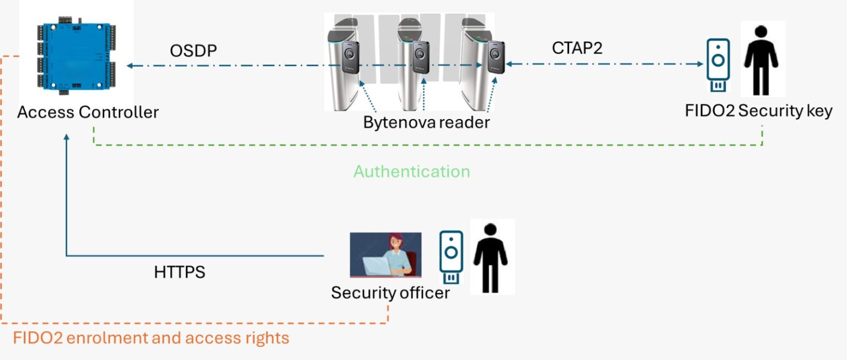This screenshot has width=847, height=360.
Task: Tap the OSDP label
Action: tap(193, 51)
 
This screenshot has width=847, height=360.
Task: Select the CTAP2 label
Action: tap(577, 48)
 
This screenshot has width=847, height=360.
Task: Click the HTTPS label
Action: tap(179, 272)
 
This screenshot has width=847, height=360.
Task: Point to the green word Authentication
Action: tap(411, 171)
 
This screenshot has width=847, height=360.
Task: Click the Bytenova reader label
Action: tap(426, 122)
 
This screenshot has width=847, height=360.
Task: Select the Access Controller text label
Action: tap(88, 112)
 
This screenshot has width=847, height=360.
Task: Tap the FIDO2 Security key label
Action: tap(758, 111)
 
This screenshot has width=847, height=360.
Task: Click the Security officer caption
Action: tap(390, 293)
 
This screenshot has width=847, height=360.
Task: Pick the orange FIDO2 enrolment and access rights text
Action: tap(151, 337)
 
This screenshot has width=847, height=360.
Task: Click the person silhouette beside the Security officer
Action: tap(491, 257)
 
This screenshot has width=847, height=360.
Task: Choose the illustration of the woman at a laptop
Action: tap(385, 255)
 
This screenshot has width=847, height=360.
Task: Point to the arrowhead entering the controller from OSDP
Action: tap(130, 66)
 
